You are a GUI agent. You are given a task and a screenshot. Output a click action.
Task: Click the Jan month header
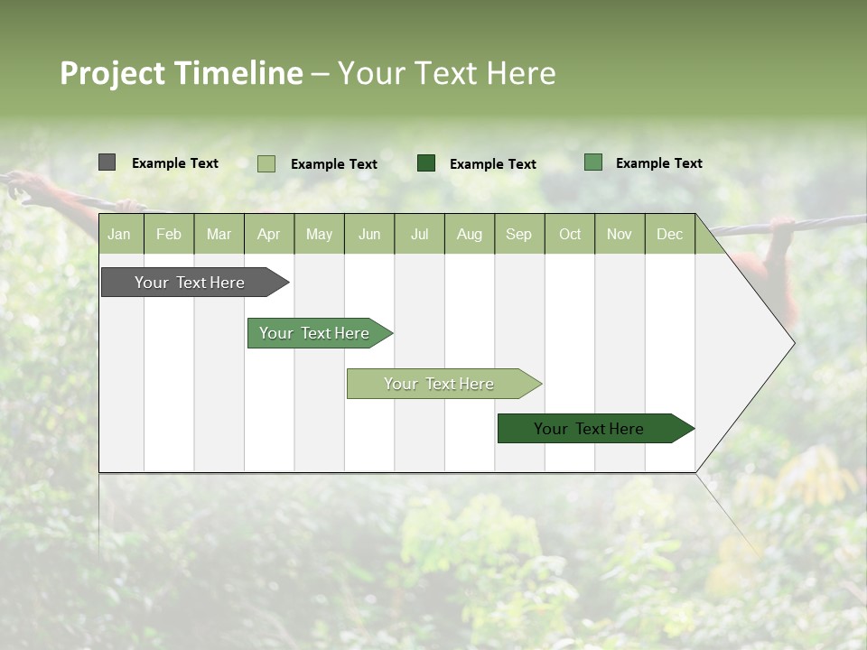[119, 234]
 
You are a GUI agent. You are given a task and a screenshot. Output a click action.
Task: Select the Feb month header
[169, 234]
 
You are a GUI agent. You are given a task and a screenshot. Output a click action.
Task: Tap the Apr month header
[268, 234]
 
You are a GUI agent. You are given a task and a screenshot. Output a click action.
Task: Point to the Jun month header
[369, 234]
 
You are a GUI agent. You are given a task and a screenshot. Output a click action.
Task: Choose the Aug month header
[469, 234]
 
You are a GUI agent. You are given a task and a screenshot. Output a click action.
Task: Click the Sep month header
[518, 234]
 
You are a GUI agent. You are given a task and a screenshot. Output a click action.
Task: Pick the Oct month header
[570, 234]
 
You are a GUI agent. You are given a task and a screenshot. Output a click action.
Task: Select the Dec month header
[669, 234]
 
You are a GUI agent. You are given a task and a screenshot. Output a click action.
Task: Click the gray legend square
[107, 162]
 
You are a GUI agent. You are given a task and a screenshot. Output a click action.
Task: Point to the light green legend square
[266, 163]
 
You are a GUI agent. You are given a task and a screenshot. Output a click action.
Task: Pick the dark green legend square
[426, 163]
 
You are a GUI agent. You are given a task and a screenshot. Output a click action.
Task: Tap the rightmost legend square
[592, 162]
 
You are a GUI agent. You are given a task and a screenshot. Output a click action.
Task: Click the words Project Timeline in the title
[181, 73]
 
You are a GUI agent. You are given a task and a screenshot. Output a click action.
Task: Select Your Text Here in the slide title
[447, 73]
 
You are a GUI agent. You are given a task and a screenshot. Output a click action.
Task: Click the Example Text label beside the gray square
[175, 163]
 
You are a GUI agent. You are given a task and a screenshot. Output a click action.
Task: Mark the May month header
[319, 234]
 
